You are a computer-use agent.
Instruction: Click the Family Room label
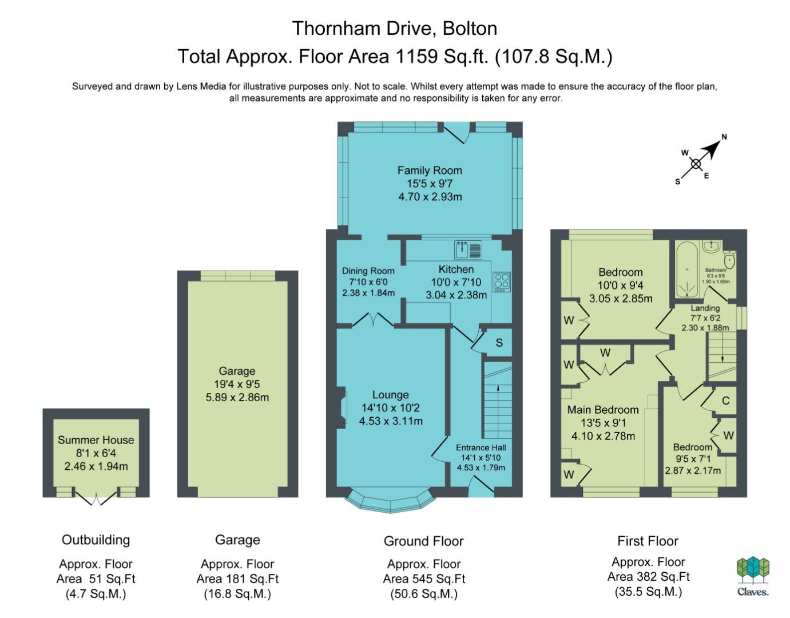pos(430,171)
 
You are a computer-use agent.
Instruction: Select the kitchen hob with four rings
pos(502,282)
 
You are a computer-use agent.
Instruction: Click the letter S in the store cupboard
pos(499,342)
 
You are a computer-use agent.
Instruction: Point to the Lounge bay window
pos(390,501)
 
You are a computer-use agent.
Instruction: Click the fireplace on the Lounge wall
pos(340,407)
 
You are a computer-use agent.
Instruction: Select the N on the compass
pos(724,137)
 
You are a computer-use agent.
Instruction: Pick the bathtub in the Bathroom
pos(687,270)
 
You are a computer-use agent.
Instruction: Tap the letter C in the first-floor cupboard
pos(726,401)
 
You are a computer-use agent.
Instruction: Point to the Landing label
pos(705,308)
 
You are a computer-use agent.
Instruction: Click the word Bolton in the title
pos(470,29)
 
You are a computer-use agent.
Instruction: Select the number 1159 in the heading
pos(416,56)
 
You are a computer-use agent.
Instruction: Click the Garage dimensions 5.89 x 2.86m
pos(237,397)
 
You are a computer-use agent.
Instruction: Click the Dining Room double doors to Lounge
pos(374,319)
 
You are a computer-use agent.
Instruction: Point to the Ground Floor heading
pos(423,541)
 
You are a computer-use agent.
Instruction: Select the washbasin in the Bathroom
pos(710,246)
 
